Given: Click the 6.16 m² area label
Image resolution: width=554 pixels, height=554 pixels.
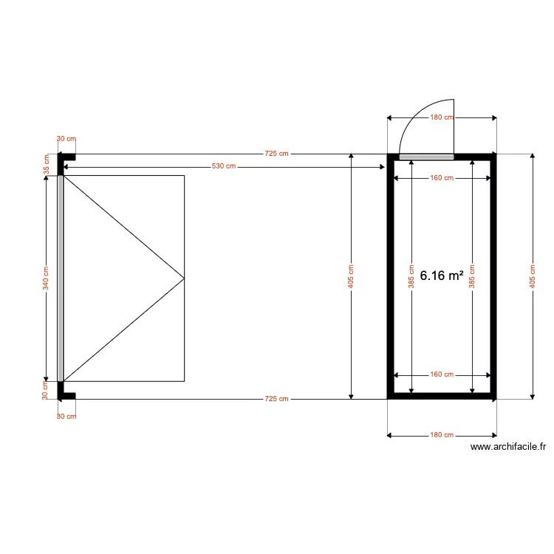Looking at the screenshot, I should pyautogui.click(x=442, y=276).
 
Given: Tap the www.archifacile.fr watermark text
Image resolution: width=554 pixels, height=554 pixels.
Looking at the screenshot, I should pyautogui.click(x=508, y=446).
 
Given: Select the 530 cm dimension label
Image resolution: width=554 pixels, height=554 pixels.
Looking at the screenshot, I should pyautogui.click(x=224, y=166).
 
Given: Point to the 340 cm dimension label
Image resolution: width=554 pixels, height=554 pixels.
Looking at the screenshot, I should pyautogui.click(x=45, y=278).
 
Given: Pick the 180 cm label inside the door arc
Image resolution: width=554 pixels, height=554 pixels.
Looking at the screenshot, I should pyautogui.click(x=442, y=117).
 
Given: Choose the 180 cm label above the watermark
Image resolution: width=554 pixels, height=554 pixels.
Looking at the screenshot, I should pyautogui.click(x=442, y=435).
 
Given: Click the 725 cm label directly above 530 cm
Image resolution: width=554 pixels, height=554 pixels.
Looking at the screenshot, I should pyautogui.click(x=277, y=154).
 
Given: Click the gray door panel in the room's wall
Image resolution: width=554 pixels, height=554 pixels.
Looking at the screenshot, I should pyautogui.click(x=426, y=157).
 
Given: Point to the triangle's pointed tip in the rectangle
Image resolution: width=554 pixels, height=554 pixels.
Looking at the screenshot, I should pyautogui.click(x=183, y=278).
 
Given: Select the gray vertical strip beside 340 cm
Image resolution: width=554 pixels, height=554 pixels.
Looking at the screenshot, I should pyautogui.click(x=61, y=278).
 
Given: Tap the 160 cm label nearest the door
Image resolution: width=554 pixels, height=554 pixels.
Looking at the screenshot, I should pyautogui.click(x=442, y=178).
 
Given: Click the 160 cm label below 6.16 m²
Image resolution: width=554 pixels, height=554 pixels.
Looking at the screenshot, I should pyautogui.click(x=442, y=375).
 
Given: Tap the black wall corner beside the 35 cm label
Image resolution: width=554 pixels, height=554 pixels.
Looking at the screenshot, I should pyautogui.click(x=65, y=157).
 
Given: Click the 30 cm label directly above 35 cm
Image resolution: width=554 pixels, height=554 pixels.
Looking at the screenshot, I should pyautogui.click(x=66, y=139).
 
